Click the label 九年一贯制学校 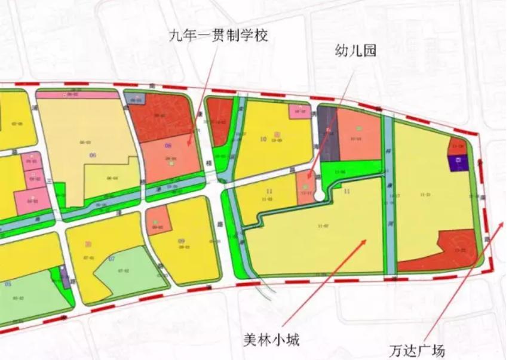click(217, 36)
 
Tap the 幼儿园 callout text click(355, 51)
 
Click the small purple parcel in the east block click(458, 162)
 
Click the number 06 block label click(93, 155)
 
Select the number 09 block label click(181, 241)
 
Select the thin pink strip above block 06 click(78, 94)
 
